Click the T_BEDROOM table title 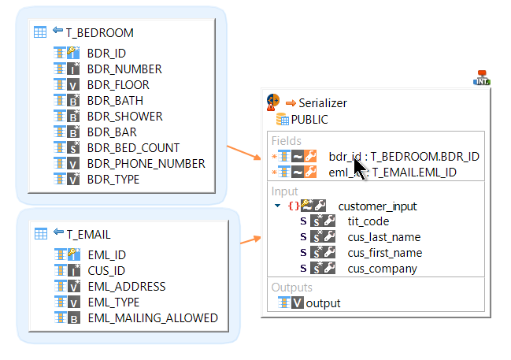(99, 32)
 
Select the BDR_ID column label (106, 53)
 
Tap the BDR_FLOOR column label (117, 84)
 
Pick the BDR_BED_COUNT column (133, 147)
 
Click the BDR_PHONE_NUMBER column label (146, 163)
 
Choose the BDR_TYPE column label (113, 179)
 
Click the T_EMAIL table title (88, 233)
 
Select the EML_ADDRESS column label (126, 286)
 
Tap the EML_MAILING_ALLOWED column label (152, 317)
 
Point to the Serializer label (322, 102)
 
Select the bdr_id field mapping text (404, 156)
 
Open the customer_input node (377, 206)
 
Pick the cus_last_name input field (383, 236)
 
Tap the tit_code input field (368, 221)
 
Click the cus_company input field (382, 268)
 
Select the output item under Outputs (323, 302)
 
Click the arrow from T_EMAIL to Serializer (251, 239)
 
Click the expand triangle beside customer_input (278, 206)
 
